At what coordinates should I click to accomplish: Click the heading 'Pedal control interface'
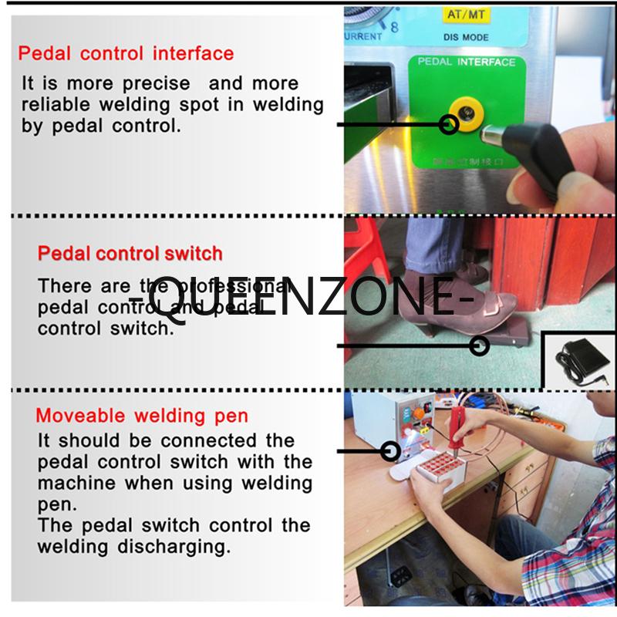pos(126,54)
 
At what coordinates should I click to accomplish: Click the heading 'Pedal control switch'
pos(130,254)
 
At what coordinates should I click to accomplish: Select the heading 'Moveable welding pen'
pos(142,416)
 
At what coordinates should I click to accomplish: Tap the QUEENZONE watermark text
pos(297,296)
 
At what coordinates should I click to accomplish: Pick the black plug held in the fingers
pos(532,154)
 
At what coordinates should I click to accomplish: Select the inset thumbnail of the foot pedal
pos(580,360)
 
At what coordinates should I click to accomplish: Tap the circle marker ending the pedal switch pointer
pos(480,346)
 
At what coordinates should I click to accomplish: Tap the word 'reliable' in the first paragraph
pos(55,104)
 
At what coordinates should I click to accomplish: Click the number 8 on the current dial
pos(395,27)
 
